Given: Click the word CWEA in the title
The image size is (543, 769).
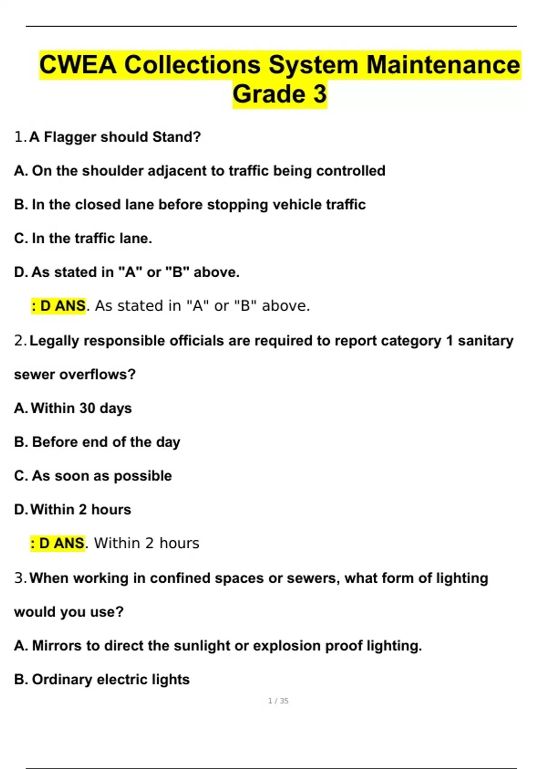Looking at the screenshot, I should coord(78,65).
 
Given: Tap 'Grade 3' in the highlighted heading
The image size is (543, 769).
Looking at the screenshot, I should coord(279,94).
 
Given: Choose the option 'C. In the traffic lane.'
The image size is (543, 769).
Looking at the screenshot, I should coord(83,238).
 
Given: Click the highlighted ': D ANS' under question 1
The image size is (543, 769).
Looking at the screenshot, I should coord(58,306).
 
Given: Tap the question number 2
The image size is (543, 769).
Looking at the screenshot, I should coord(19,341).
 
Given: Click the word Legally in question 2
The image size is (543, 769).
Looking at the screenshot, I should coord(54,341).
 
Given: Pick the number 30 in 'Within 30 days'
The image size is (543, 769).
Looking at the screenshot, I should coord(87,408).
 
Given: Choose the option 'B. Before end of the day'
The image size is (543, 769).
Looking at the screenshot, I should coord(97,442).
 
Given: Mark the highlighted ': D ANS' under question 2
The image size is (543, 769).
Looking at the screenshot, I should coord(57,543).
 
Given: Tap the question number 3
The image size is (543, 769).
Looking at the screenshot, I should coord(19,578).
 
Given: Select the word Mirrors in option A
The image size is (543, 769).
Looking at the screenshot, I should coord(57,646).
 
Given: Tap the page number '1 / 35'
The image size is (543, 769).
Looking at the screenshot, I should coord(278,701).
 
